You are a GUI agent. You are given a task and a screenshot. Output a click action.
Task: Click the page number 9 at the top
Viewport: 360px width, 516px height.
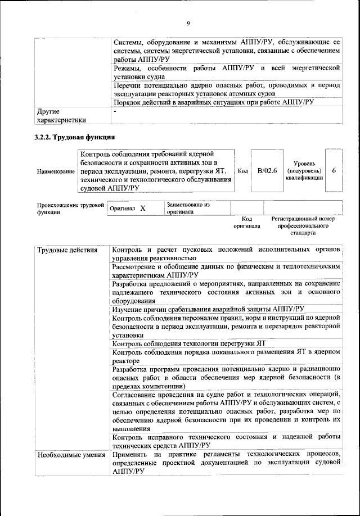(x=188, y=23)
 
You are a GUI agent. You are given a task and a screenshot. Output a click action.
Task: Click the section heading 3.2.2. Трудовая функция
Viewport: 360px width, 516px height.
(x=75, y=137)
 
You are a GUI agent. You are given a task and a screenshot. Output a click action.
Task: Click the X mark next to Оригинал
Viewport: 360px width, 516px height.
(x=142, y=209)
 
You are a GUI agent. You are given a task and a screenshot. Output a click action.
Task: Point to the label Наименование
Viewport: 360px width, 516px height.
(x=56, y=171)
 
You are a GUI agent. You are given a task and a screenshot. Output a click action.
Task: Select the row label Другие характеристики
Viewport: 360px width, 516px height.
(x=61, y=115)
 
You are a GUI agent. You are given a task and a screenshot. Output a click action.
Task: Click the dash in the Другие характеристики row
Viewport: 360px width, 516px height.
(x=115, y=111)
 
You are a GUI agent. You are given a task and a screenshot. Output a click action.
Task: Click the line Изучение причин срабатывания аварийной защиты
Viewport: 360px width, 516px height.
(x=208, y=309)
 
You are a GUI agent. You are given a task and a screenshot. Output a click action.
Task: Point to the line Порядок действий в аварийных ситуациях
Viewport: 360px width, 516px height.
(x=214, y=103)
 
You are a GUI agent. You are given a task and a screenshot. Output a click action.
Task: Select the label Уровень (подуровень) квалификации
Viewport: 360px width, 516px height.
(x=304, y=170)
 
